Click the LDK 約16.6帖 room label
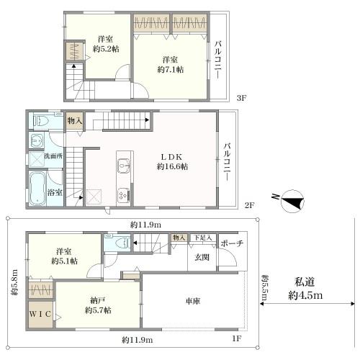click(173, 161)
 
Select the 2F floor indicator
click(250, 206)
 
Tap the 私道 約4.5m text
click(305, 288)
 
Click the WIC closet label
click(40, 315)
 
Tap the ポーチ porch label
click(231, 243)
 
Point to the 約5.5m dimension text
click(265, 288)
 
